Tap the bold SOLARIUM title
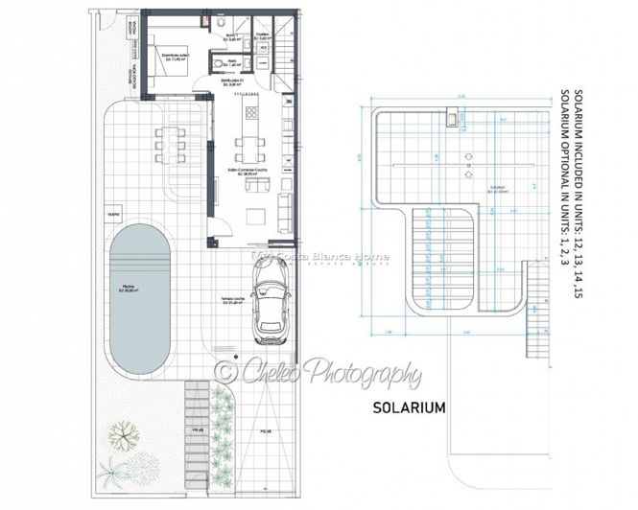(409, 406)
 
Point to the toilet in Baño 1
(221, 20)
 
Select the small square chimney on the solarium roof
(451, 119)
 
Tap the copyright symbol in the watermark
(226, 369)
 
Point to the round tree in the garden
(122, 437)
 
